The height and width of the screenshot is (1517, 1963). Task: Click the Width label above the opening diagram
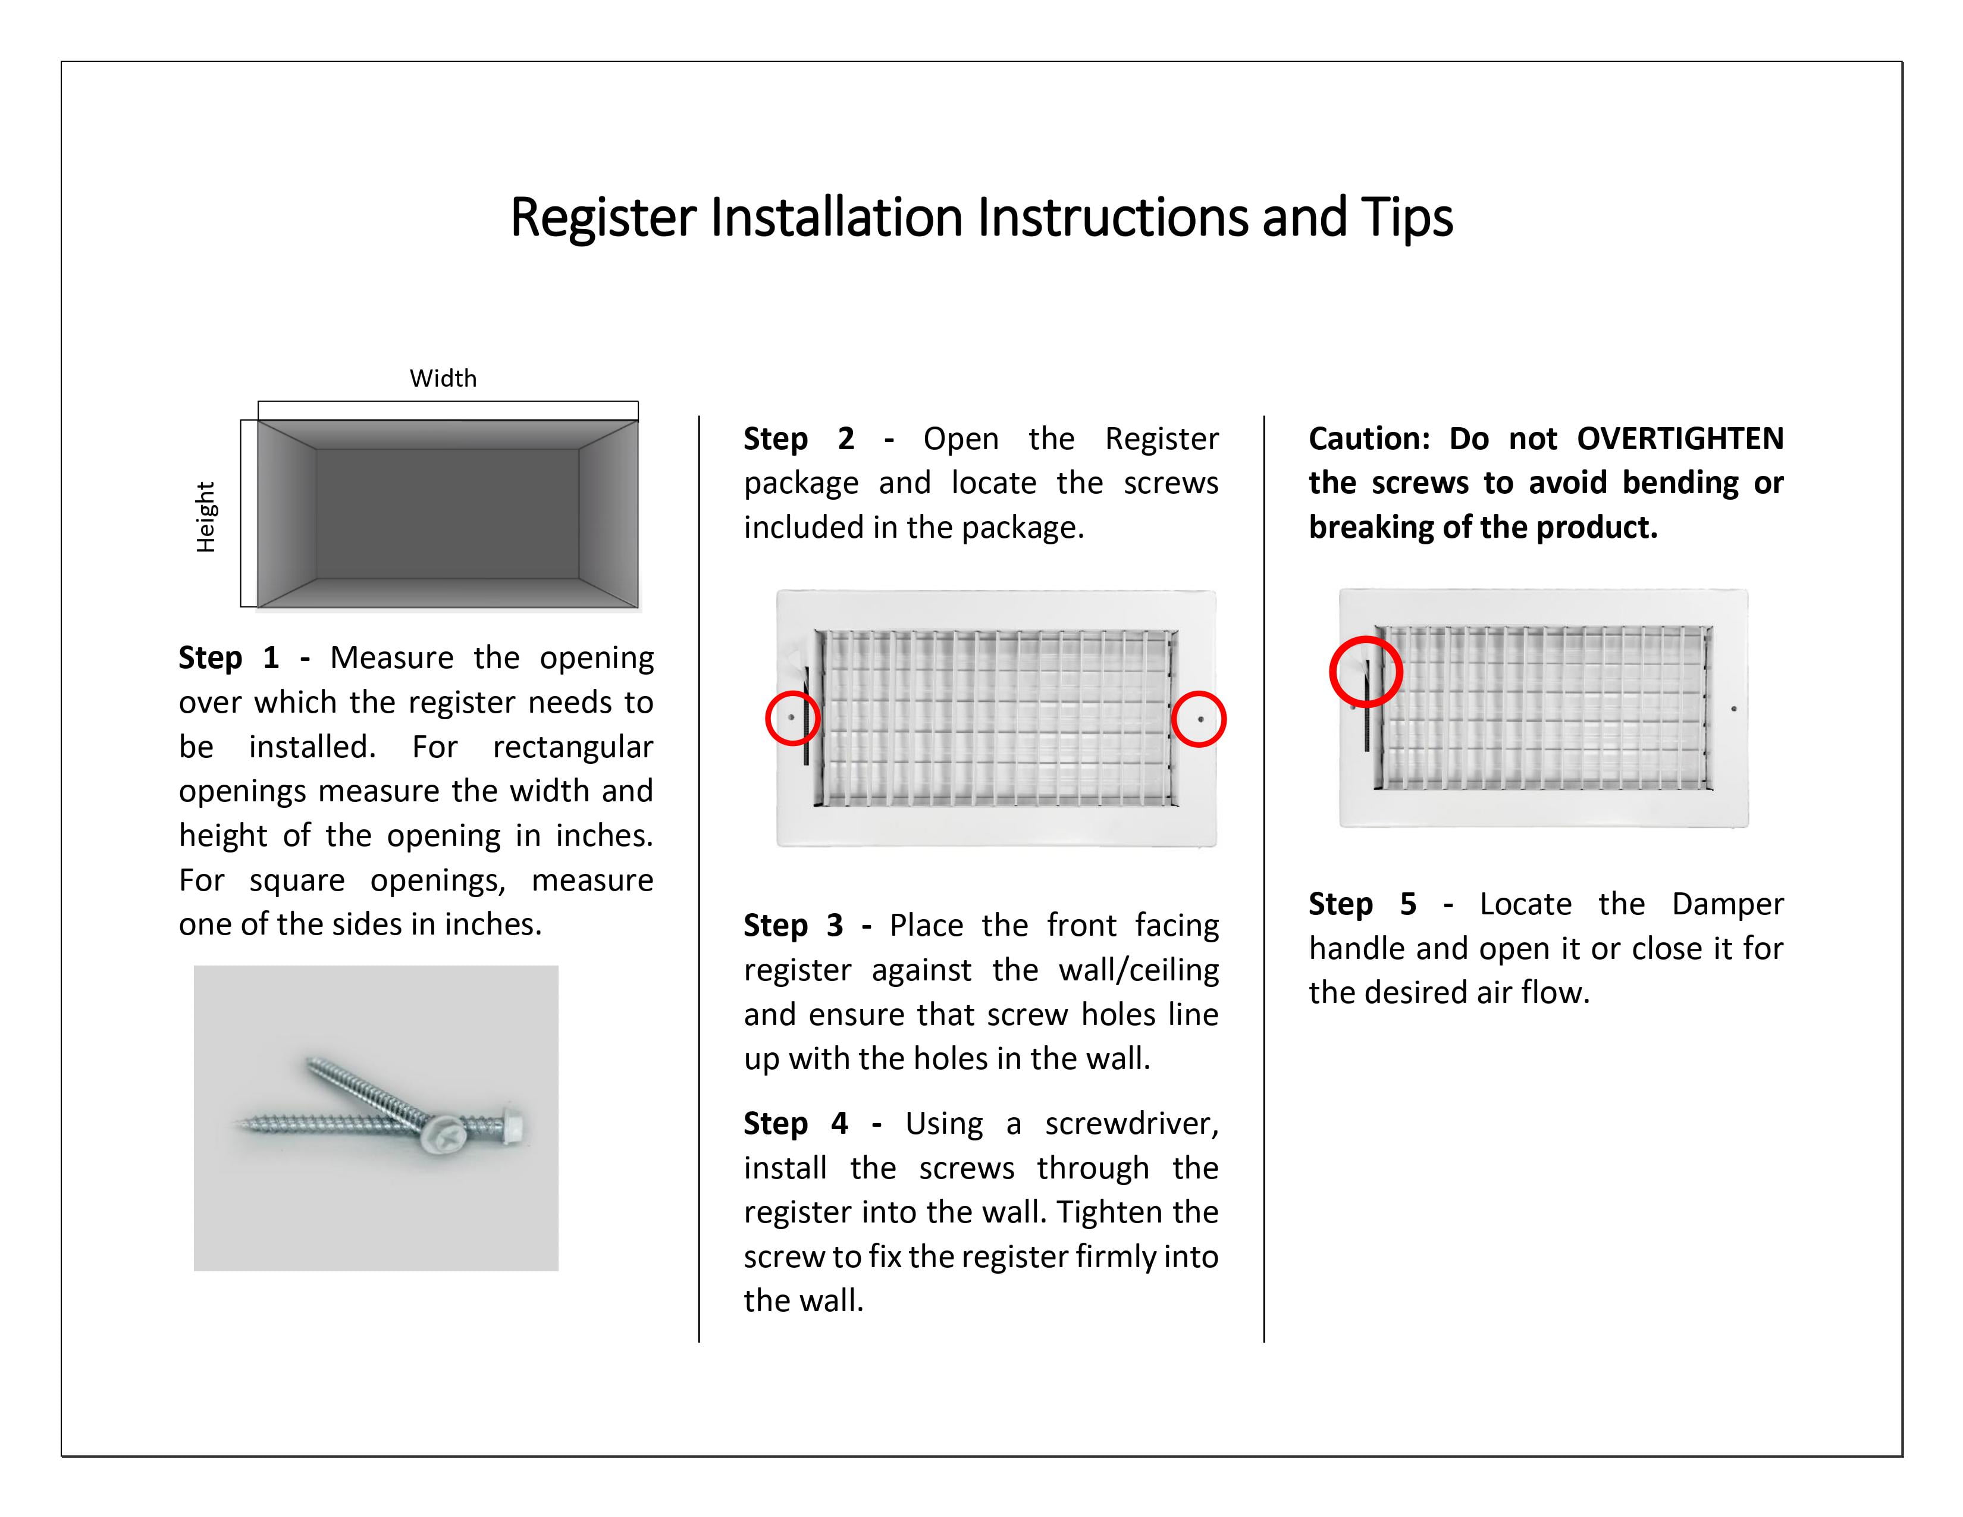click(443, 378)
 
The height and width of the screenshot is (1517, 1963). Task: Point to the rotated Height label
click(206, 517)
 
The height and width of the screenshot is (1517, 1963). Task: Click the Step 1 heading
click(229, 658)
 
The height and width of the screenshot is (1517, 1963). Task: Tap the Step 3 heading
click(794, 926)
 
